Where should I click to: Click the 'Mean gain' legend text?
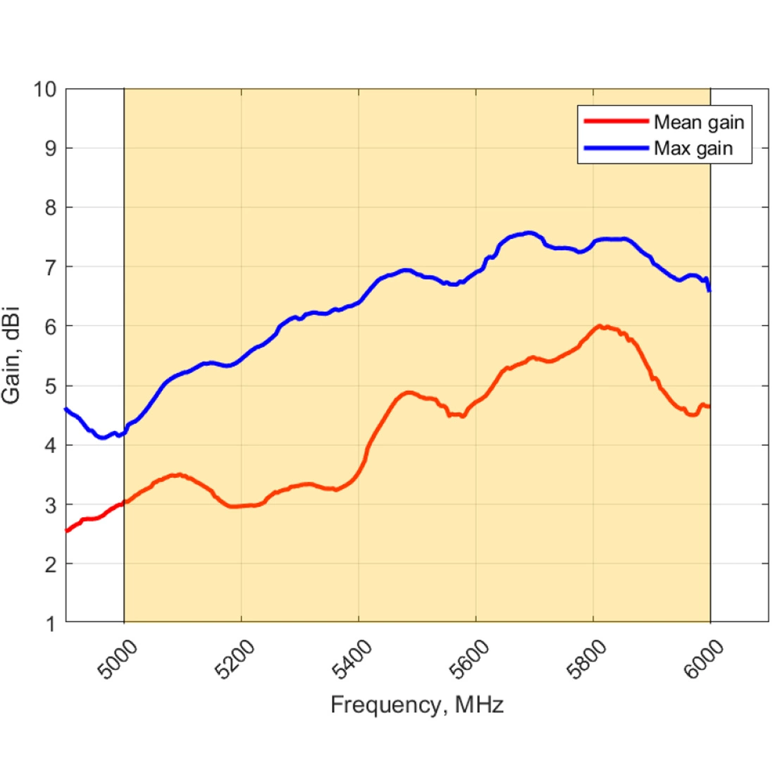click(x=698, y=122)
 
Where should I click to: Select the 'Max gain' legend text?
click(x=693, y=148)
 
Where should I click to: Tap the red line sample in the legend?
click(x=616, y=121)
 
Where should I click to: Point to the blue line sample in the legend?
click(x=616, y=148)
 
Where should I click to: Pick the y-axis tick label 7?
click(x=50, y=268)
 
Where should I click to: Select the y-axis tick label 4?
click(x=50, y=445)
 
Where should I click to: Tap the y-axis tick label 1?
click(x=50, y=624)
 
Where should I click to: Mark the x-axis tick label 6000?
click(x=703, y=660)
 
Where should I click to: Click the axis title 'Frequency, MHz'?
click(x=417, y=705)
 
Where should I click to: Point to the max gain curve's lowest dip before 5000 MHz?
click(x=102, y=438)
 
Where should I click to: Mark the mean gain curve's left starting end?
click(x=66, y=531)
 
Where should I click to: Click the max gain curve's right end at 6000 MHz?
click(x=709, y=289)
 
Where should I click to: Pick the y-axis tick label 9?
click(x=50, y=149)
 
